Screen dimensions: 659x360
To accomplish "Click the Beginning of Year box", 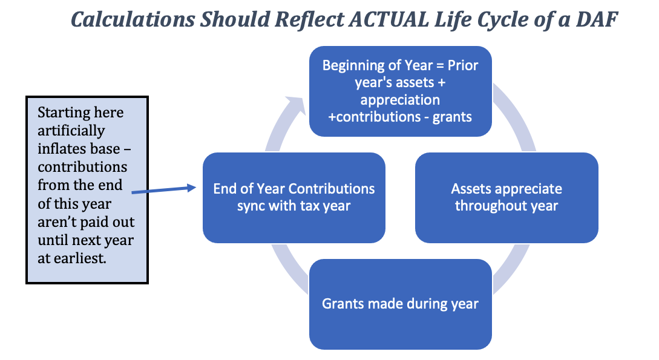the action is coord(401,91).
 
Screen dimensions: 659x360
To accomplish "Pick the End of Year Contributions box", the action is coord(293,197).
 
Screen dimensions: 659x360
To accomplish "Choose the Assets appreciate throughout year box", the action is coord(507,197).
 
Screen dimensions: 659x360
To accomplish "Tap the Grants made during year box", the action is coord(401,304).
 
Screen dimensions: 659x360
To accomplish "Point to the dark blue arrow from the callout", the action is coord(164,190).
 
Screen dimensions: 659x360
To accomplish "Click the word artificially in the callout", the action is coord(71,131).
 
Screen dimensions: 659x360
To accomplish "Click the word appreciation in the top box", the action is coord(400,100).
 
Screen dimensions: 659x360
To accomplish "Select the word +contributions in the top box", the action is coord(374,117).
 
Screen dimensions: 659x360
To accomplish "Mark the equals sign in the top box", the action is coord(440,66).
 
